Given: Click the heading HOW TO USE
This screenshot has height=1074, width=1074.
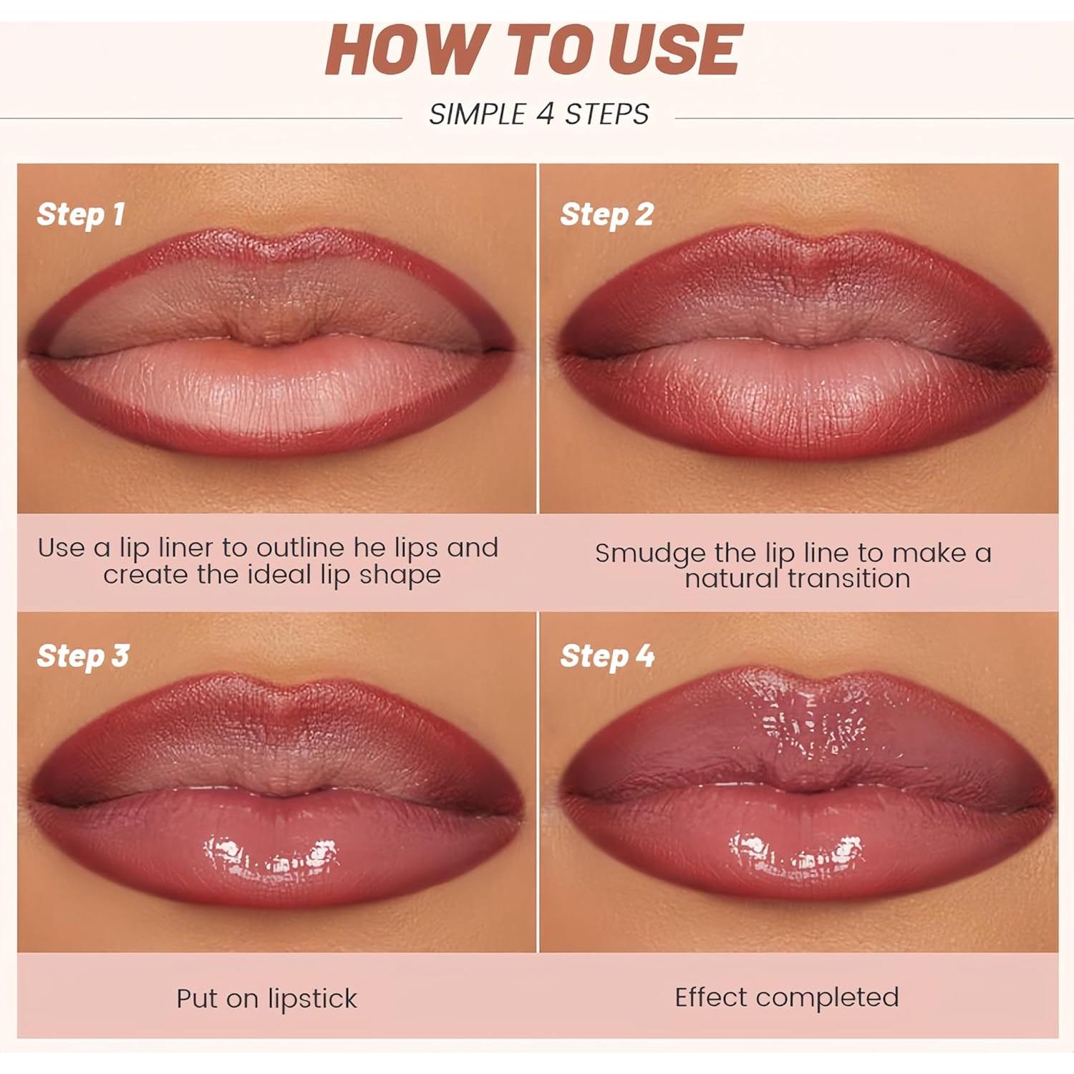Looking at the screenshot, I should click(x=534, y=50).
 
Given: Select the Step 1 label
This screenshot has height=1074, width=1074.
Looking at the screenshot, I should click(x=81, y=215).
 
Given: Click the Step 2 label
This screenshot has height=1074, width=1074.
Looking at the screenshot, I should click(x=606, y=215).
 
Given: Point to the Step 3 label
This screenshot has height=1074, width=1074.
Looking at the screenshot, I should click(x=83, y=657).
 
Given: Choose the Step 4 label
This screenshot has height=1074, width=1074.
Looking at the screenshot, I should click(x=607, y=657).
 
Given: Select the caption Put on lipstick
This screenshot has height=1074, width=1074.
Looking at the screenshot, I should click(x=266, y=998).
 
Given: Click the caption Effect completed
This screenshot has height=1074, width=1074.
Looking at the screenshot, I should click(x=786, y=997).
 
